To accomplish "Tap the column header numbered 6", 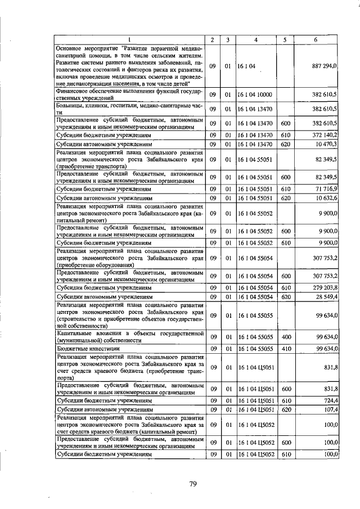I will pyautogui.click(x=314, y=40).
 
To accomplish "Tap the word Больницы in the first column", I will pyautogui.click(x=71, y=105).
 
